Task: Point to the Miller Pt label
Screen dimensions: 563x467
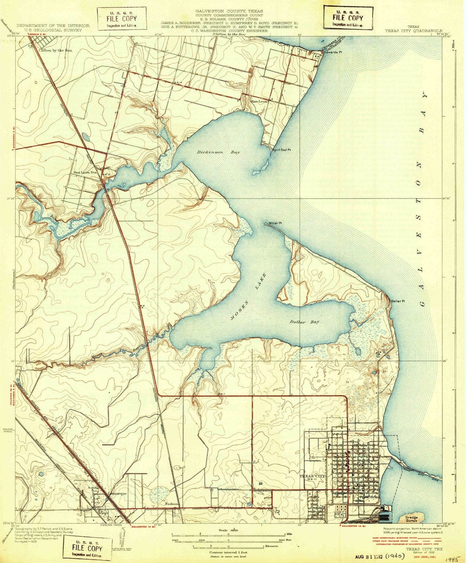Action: (x=276, y=223)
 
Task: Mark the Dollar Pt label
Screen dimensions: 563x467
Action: (x=398, y=301)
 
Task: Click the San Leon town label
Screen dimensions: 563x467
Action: (x=259, y=101)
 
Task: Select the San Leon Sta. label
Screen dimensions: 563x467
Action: (x=85, y=172)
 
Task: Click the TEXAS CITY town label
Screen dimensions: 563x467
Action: (x=312, y=476)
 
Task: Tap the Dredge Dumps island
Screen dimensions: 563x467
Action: (x=412, y=517)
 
